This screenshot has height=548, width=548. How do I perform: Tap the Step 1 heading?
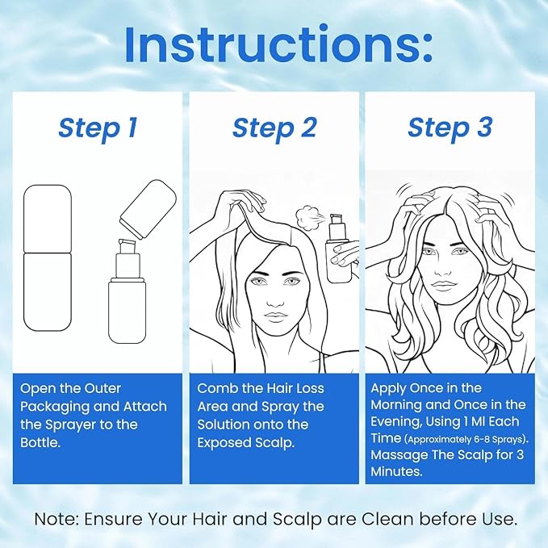point(98,128)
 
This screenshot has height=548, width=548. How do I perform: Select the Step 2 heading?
point(274,128)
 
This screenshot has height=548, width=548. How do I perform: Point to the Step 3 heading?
point(450,128)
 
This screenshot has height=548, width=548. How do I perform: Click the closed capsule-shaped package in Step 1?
point(48,258)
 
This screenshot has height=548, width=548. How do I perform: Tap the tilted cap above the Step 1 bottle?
point(149,209)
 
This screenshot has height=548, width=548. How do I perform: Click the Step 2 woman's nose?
point(273,299)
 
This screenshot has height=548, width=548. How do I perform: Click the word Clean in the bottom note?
point(387,519)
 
